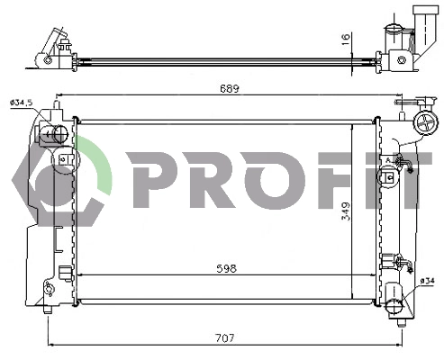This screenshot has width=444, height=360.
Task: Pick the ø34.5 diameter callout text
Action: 20,103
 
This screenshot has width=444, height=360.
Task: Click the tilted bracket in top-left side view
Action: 51,45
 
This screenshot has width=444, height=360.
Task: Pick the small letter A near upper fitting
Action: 387,160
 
